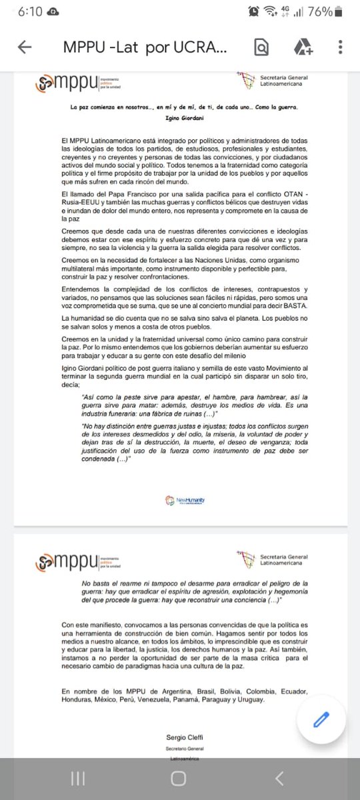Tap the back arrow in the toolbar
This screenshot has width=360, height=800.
pyautogui.click(x=25, y=47)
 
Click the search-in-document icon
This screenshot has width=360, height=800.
pyautogui.click(x=261, y=47)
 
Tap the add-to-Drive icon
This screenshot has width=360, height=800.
pyautogui.click(x=303, y=47)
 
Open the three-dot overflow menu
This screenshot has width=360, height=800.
pyautogui.click(x=341, y=47)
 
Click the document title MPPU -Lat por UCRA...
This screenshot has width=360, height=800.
pyautogui.click(x=145, y=47)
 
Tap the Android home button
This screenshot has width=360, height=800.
pyautogui.click(x=179, y=778)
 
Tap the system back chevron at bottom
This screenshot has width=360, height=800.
pyautogui.click(x=280, y=778)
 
